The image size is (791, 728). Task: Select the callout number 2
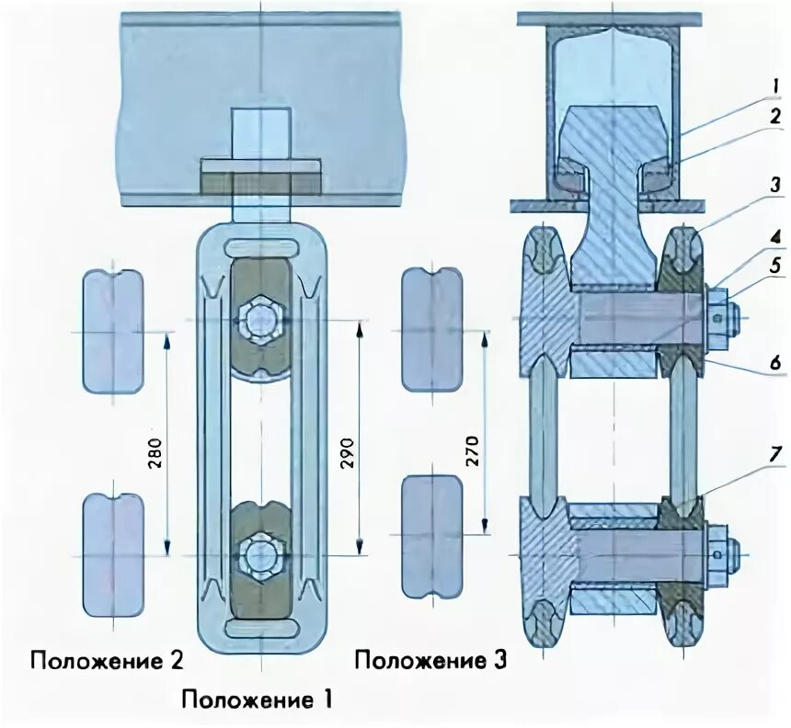coord(775,117)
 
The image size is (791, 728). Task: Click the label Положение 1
coord(257,700)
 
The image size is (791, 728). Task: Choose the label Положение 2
coord(107,661)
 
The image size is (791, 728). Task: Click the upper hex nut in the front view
coord(258,320)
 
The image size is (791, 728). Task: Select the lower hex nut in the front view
coord(258,555)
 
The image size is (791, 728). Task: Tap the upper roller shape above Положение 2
coord(112,331)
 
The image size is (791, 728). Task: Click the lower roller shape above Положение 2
coord(112,555)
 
